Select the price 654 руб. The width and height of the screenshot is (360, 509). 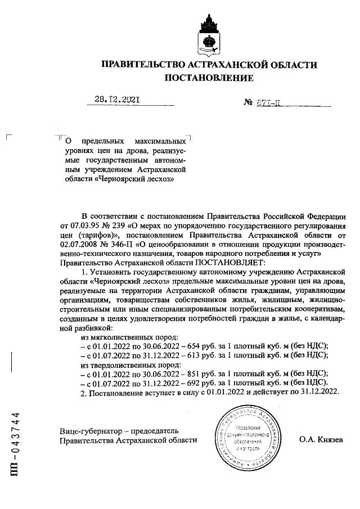208,346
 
